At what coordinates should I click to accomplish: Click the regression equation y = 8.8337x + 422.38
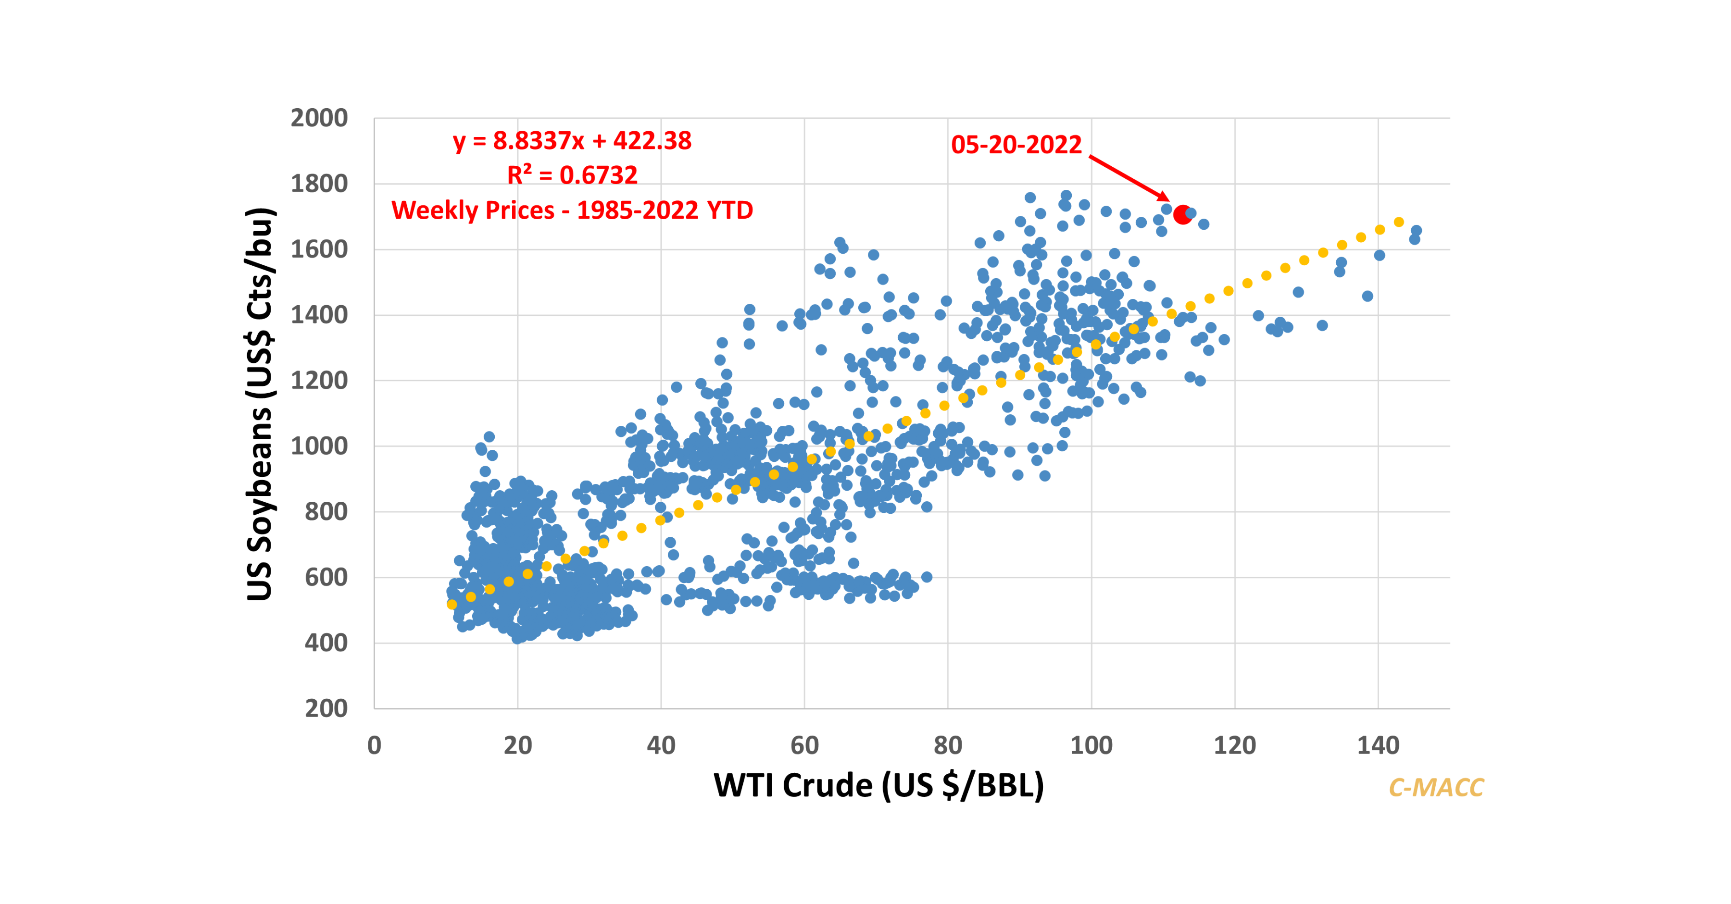click(572, 141)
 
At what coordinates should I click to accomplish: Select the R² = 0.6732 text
click(572, 175)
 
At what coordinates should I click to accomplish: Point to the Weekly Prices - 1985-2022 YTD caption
click(572, 210)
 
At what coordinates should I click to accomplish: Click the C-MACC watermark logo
click(1436, 787)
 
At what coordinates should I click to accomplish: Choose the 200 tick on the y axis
click(326, 708)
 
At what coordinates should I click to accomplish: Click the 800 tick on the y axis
click(326, 512)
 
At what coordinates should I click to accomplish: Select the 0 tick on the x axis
click(374, 745)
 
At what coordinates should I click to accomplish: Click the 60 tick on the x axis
click(804, 745)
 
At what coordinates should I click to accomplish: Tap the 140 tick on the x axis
click(1378, 745)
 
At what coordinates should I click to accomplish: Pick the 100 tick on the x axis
click(1091, 745)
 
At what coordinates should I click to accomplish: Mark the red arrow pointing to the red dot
click(1129, 178)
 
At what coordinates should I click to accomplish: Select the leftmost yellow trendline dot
click(452, 605)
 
